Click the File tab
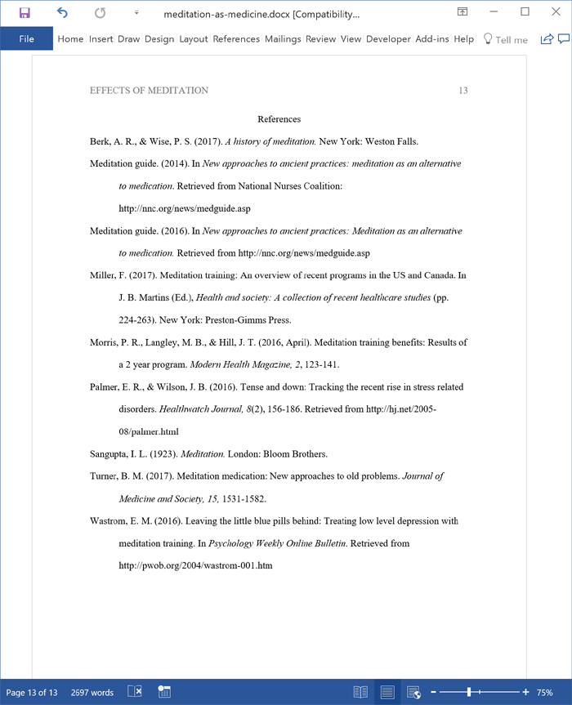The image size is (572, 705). tap(26, 38)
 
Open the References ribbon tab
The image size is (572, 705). tap(236, 39)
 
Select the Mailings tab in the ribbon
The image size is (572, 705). tap(283, 39)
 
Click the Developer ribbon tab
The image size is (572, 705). tap(388, 39)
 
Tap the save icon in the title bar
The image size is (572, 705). tap(25, 13)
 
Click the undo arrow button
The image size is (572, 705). tap(63, 13)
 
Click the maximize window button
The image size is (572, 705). tap(525, 12)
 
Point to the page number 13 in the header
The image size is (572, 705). tap(463, 91)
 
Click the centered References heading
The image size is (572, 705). tap(279, 119)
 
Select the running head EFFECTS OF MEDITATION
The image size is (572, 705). tap(149, 91)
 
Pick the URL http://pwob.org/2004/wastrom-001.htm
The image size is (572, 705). tap(195, 565)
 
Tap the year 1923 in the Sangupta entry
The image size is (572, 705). tap(163, 453)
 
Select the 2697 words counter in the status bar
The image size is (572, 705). tap(92, 693)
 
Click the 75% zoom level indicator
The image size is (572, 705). tap(545, 693)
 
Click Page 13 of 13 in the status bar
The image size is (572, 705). tap(32, 693)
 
